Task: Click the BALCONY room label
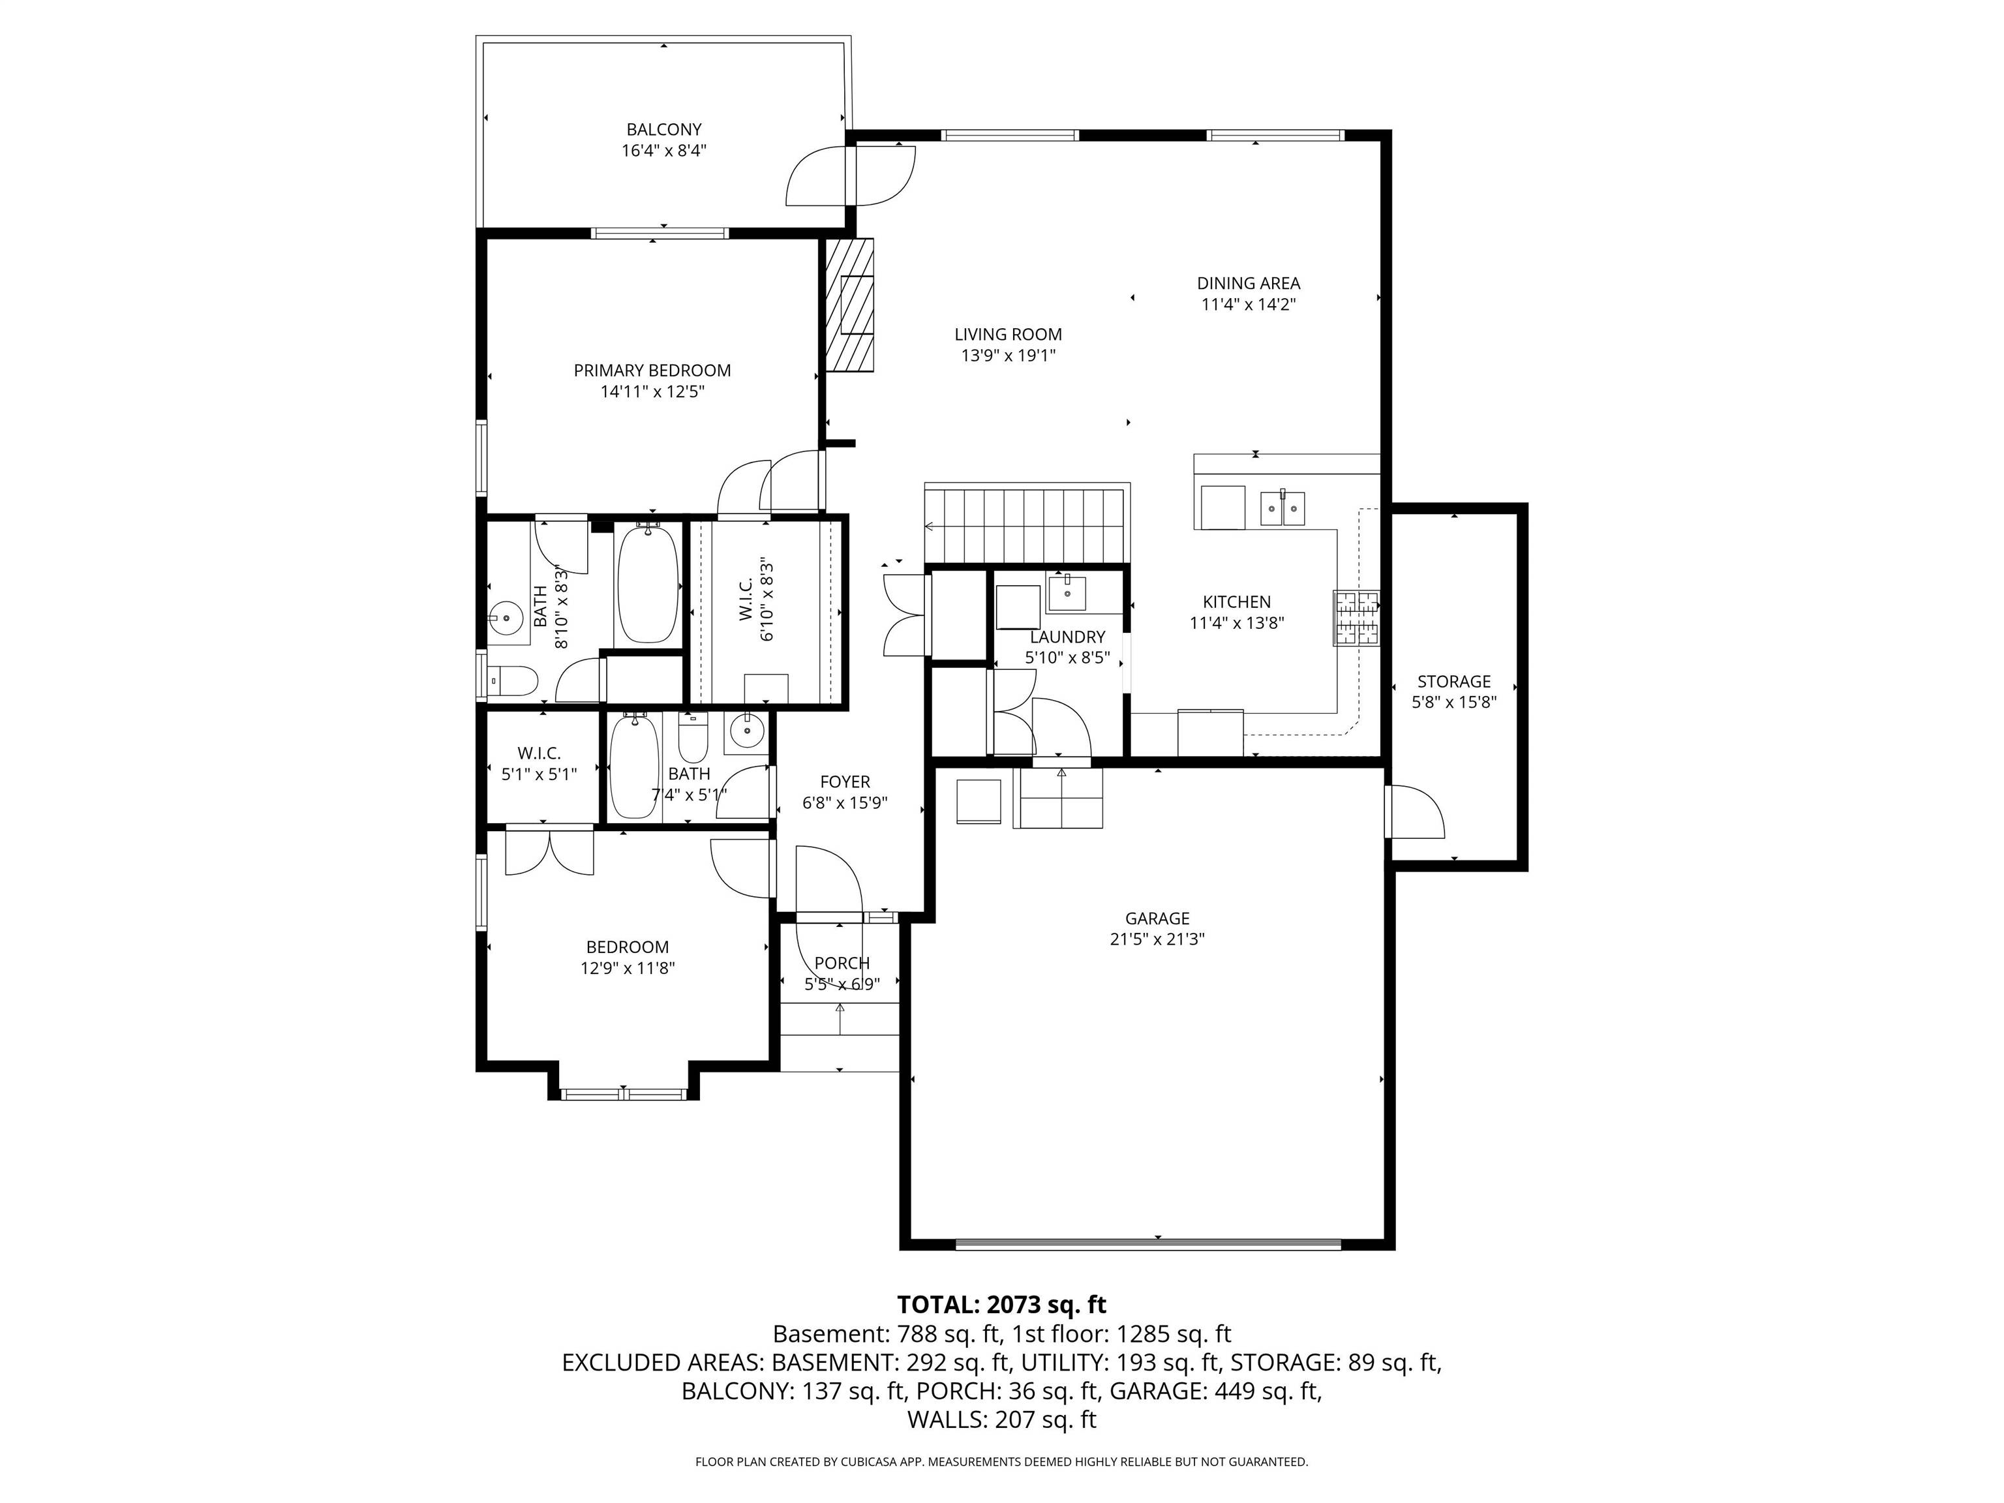click(663, 130)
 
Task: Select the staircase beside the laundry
click(1026, 525)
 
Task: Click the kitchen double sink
click(1282, 509)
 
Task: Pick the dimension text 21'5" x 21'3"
click(1157, 939)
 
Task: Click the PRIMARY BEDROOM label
click(652, 371)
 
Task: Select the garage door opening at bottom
click(1148, 1244)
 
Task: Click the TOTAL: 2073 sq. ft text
click(1001, 1305)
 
